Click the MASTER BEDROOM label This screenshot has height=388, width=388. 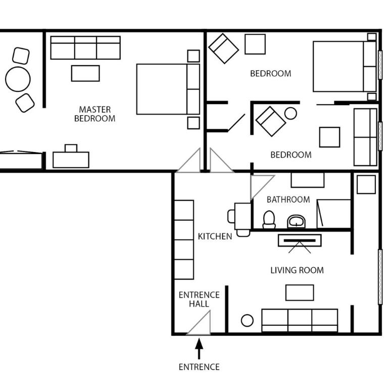[x=94, y=114]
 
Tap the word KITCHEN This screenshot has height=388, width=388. [x=215, y=236]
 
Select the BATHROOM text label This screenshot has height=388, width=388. [x=288, y=200]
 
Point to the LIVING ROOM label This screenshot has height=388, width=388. [x=297, y=270]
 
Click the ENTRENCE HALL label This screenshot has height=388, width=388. [x=199, y=299]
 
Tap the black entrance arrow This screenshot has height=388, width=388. [x=199, y=348]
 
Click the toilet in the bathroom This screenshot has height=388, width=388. [x=269, y=219]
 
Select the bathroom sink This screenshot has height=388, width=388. [x=296, y=221]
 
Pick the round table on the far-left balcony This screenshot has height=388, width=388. [x=18, y=79]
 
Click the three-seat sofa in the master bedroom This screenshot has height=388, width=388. [x=85, y=48]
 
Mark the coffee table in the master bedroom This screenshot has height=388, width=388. [x=85, y=73]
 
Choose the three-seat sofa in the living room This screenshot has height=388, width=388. [x=300, y=320]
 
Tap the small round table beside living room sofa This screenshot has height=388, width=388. [x=247, y=320]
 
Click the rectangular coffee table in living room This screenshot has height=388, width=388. [x=300, y=293]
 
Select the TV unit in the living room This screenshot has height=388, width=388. [x=300, y=240]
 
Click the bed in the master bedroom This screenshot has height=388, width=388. [x=168, y=89]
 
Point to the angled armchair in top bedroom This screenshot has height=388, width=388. [x=223, y=48]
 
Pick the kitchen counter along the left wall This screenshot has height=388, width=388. [x=184, y=239]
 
